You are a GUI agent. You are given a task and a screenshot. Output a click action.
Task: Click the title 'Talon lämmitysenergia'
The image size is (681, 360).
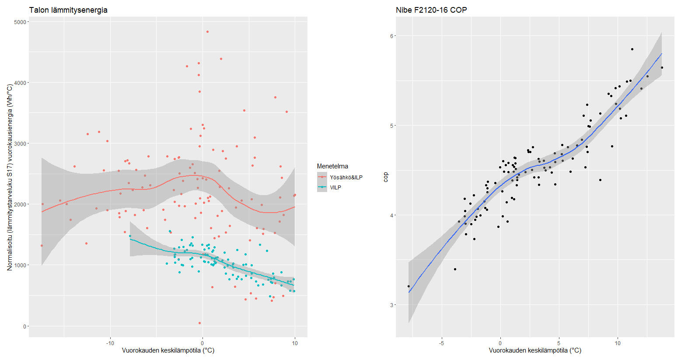[68, 10]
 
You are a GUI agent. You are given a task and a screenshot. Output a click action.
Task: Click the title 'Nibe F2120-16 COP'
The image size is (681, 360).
[431, 10]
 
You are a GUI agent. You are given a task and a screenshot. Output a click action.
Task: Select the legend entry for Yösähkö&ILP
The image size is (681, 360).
[346, 177]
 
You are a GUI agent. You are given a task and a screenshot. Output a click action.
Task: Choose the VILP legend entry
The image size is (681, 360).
[335, 188]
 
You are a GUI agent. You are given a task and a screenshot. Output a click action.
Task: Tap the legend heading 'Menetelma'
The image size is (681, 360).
[332, 166]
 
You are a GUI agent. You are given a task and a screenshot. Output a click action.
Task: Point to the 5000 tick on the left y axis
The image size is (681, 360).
[19, 22]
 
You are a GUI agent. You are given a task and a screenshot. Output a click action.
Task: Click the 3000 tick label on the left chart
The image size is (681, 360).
[19, 143]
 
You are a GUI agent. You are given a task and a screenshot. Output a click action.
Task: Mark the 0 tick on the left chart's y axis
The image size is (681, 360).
[24, 326]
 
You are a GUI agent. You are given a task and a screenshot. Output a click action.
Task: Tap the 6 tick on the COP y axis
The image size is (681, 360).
[392, 36]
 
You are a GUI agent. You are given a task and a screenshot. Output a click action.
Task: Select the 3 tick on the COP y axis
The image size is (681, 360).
[392, 305]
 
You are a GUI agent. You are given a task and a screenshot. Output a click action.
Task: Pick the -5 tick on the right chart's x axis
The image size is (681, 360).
[441, 343]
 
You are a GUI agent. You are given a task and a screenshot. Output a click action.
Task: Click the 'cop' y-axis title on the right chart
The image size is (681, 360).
[386, 177]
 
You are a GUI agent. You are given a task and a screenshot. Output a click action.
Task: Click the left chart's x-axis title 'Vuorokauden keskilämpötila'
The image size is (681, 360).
[168, 350]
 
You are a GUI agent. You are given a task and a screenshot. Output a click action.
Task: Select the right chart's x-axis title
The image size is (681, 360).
[535, 350]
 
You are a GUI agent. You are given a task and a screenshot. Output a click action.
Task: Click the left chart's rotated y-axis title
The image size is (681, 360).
[10, 177]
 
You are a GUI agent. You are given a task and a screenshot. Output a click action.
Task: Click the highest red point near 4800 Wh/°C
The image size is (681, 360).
[207, 31]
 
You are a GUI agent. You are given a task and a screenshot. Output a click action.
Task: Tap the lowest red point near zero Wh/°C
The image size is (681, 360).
[199, 323]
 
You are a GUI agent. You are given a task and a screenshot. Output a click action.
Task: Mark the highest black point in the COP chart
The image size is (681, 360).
[632, 49]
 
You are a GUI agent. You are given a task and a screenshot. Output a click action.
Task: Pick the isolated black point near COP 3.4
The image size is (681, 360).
[455, 269]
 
